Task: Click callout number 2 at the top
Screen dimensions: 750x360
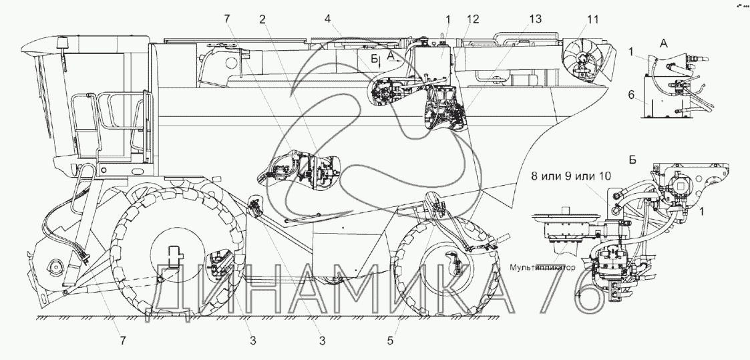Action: (x=262, y=19)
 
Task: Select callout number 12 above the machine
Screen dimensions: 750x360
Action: (x=473, y=19)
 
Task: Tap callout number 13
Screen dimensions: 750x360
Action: (x=535, y=19)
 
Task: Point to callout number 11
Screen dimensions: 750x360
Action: (x=592, y=19)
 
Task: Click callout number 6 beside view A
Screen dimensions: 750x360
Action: (x=631, y=95)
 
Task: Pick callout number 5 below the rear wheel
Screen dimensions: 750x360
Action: (x=390, y=341)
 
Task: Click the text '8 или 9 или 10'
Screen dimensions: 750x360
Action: (x=570, y=176)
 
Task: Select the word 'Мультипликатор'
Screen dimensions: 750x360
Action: (x=542, y=267)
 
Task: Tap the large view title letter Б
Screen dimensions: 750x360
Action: (x=632, y=160)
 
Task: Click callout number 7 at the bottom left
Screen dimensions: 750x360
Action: (x=123, y=341)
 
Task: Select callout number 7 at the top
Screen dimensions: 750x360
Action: (x=226, y=19)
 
